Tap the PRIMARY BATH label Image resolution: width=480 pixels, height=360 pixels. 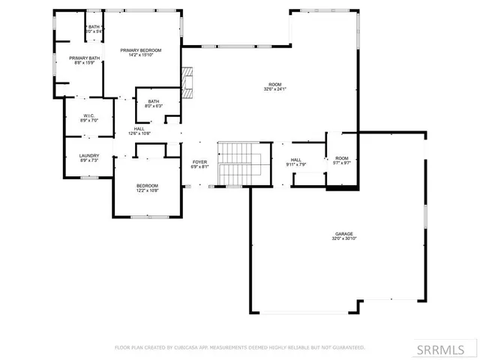point(85,58)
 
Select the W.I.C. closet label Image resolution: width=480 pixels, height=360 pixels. point(88,115)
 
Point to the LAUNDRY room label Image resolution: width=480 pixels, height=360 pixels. point(89,156)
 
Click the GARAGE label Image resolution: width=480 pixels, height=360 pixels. point(343,233)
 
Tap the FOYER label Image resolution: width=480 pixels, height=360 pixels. point(199,162)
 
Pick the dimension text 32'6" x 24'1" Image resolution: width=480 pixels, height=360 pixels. point(275,89)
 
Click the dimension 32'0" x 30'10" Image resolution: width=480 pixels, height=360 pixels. point(343,238)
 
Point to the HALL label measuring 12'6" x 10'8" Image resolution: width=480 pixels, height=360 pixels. point(139,128)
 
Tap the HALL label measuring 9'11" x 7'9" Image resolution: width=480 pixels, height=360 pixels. point(295,160)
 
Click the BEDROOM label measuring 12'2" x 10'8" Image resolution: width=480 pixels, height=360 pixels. point(147,185)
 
